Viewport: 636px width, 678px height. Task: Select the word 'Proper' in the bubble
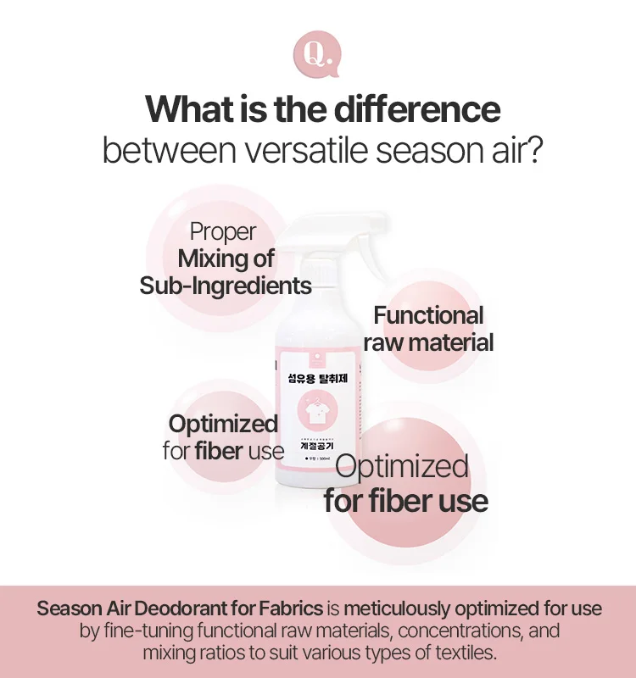click(222, 231)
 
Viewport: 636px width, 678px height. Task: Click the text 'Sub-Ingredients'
click(226, 286)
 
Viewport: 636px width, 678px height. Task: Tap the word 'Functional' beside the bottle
click(428, 316)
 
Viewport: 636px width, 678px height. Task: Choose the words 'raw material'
click(428, 342)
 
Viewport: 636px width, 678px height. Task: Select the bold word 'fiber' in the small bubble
click(219, 451)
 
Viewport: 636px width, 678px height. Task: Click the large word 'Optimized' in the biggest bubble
click(402, 467)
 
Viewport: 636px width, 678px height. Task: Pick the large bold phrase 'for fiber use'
click(405, 501)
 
